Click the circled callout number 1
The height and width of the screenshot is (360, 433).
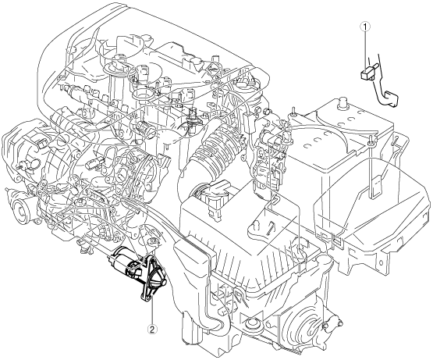pyautogui.click(x=366, y=27)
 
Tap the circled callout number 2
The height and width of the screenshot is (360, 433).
pyautogui.click(x=152, y=329)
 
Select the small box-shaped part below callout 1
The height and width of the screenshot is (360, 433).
pyautogui.click(x=367, y=74)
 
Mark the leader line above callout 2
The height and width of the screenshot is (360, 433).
pyautogui.click(x=152, y=311)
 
